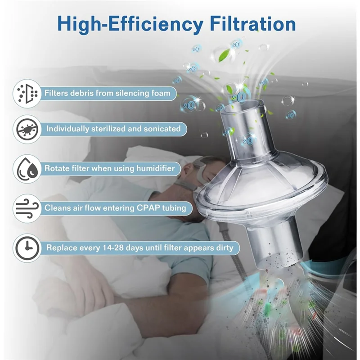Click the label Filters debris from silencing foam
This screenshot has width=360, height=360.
[x=107, y=93]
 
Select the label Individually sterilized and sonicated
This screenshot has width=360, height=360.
[x=113, y=129]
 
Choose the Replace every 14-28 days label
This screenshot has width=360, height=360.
[x=139, y=247]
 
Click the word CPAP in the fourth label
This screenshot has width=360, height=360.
[x=145, y=208]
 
